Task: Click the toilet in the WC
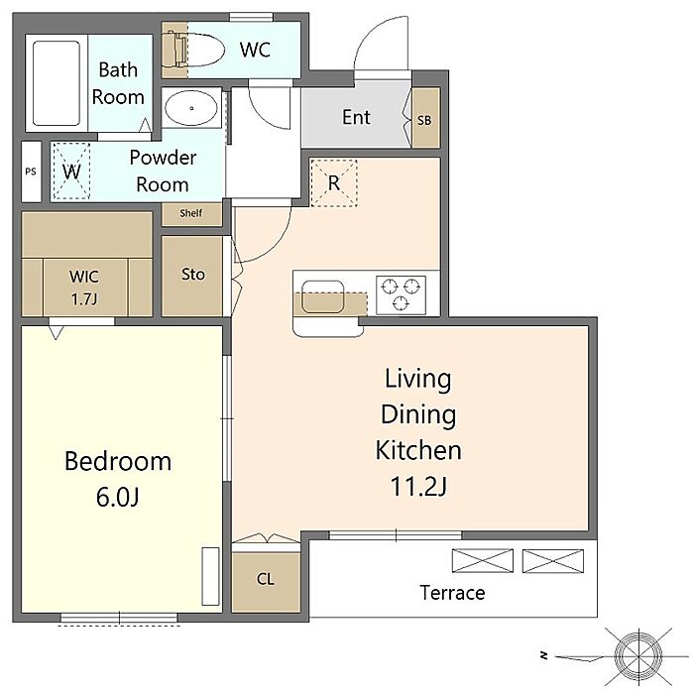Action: pyautogui.click(x=194, y=50)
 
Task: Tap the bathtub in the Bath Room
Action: pyautogui.click(x=57, y=83)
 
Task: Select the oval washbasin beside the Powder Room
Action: pyautogui.click(x=191, y=108)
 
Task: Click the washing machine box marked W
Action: pyautogui.click(x=71, y=171)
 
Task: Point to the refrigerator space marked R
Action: pyautogui.click(x=334, y=182)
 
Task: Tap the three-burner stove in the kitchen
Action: pyautogui.click(x=401, y=295)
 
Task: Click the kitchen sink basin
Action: pyautogui.click(x=322, y=296)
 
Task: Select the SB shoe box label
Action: pyautogui.click(x=424, y=120)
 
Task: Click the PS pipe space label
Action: pyautogui.click(x=31, y=172)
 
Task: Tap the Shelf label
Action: pyautogui.click(x=191, y=213)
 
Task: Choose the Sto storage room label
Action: pyautogui.click(x=193, y=275)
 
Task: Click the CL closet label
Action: pyautogui.click(x=266, y=579)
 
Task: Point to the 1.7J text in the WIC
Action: pyautogui.click(x=84, y=299)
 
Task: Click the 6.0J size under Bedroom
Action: pyautogui.click(x=118, y=497)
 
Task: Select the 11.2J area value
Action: pyautogui.click(x=418, y=486)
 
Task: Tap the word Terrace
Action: pyautogui.click(x=452, y=593)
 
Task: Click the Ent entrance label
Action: pyautogui.click(x=356, y=117)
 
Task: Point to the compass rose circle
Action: pyautogui.click(x=639, y=654)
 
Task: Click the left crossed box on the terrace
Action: pyautogui.click(x=483, y=560)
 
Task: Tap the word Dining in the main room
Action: pyautogui.click(x=418, y=415)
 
